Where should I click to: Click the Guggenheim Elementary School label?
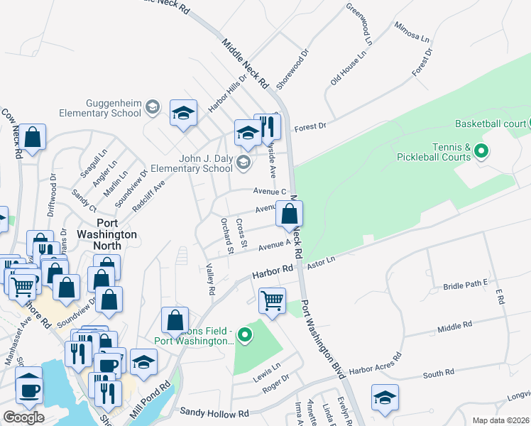click(x=104, y=107)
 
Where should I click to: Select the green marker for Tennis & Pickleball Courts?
click(x=481, y=151)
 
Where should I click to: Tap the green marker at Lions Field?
click(x=245, y=334)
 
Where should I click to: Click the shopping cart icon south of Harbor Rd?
click(x=273, y=300)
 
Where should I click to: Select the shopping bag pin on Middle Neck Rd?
click(x=290, y=214)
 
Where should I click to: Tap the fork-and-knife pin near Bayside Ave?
click(x=268, y=127)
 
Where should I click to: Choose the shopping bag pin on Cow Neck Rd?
click(x=32, y=138)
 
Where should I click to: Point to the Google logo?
click(x=23, y=417)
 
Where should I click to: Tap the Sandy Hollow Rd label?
click(x=214, y=412)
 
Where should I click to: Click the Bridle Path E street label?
click(x=466, y=283)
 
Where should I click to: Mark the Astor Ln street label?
click(x=320, y=263)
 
